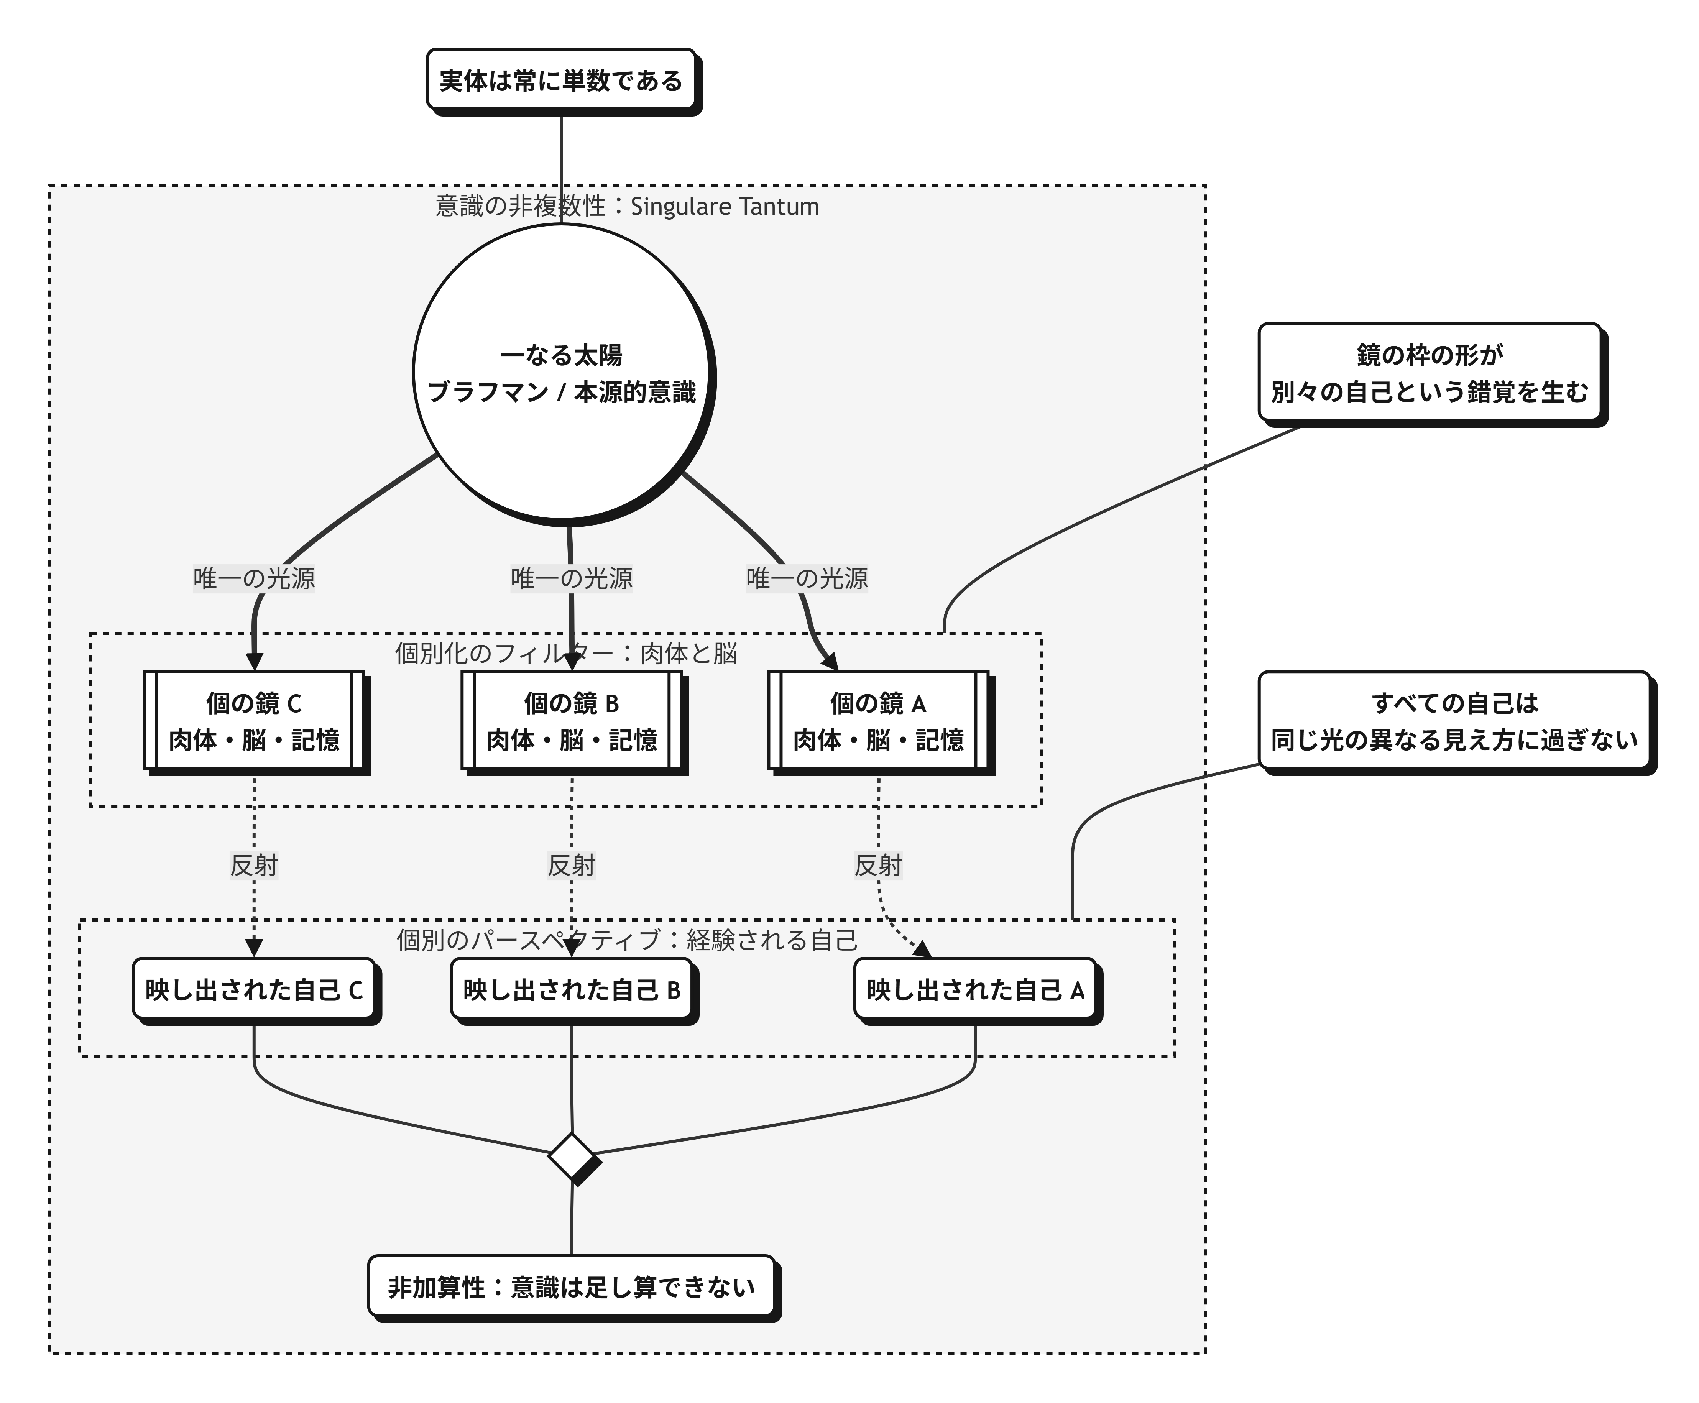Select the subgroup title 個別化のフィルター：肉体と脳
tap(566, 653)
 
